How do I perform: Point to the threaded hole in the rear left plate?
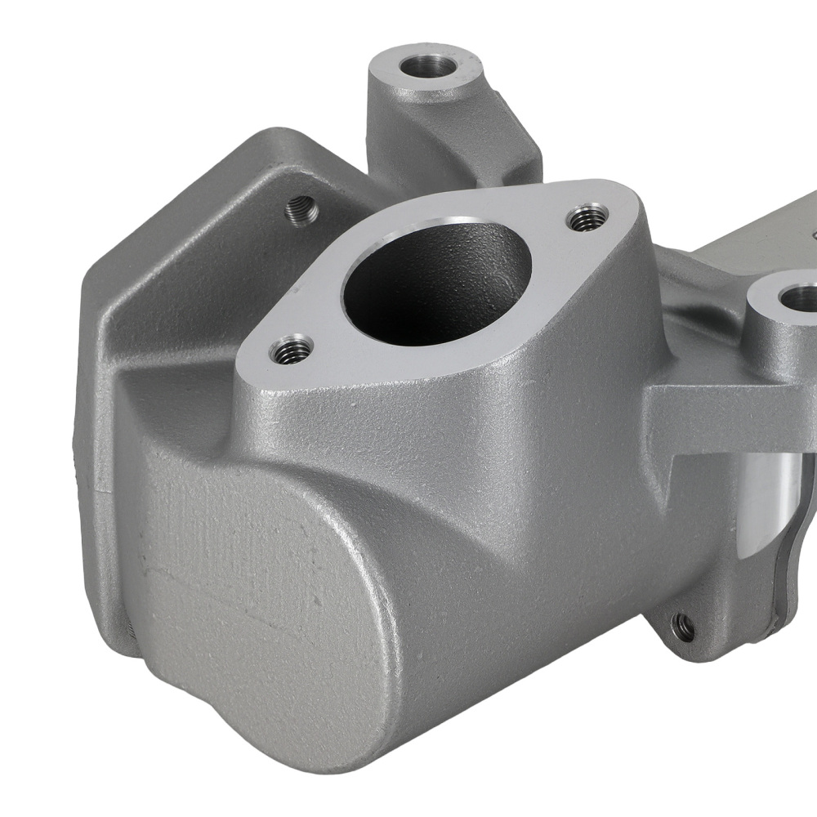click(x=301, y=211)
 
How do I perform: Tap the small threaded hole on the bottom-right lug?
click(x=683, y=627)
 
